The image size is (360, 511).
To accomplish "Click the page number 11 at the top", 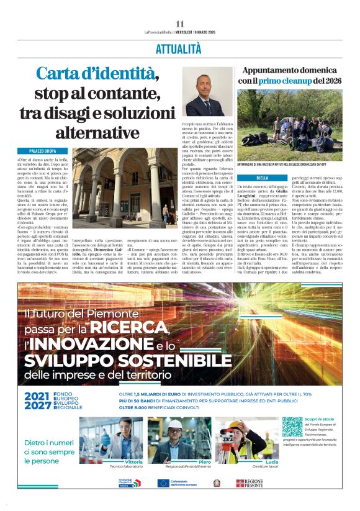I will tap(180, 24).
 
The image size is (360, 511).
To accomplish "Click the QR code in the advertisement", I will tap(292, 427).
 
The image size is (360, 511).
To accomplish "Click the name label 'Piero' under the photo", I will tap(204, 462).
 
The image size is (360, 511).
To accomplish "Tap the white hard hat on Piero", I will tap(175, 423).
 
